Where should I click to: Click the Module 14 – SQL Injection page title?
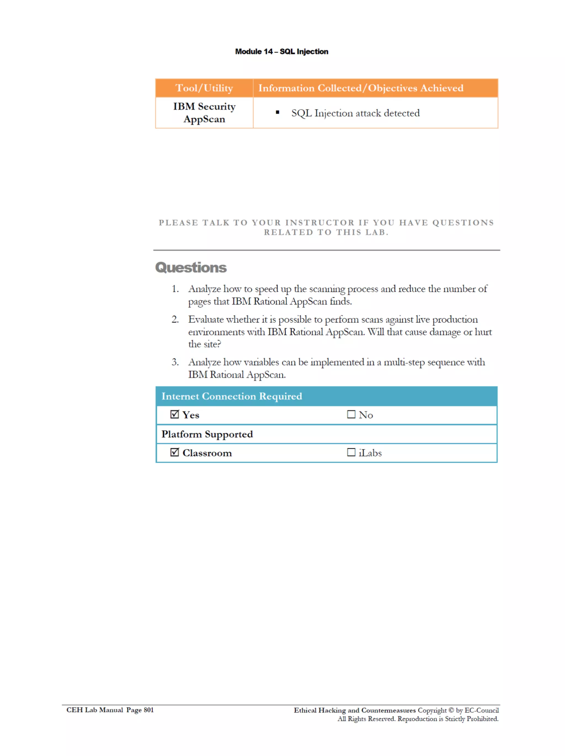click(281, 52)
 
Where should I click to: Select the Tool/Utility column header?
click(204, 88)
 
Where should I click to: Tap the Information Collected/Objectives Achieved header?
click(361, 88)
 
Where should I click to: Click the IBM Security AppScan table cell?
click(204, 113)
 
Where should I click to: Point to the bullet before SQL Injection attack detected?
click(277, 112)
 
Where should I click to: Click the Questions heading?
click(191, 268)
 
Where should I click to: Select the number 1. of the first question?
click(175, 289)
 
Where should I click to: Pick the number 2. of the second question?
click(175, 319)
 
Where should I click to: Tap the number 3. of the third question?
click(175, 362)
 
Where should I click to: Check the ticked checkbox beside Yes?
click(174, 415)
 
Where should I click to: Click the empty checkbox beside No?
click(351, 415)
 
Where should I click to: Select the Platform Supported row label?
click(207, 434)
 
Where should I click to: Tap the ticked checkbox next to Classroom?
click(174, 452)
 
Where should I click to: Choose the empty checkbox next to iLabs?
click(351, 452)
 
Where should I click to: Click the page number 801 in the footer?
click(148, 710)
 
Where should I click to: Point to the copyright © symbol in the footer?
click(451, 710)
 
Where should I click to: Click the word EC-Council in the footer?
click(482, 710)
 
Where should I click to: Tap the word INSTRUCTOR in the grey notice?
click(320, 223)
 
